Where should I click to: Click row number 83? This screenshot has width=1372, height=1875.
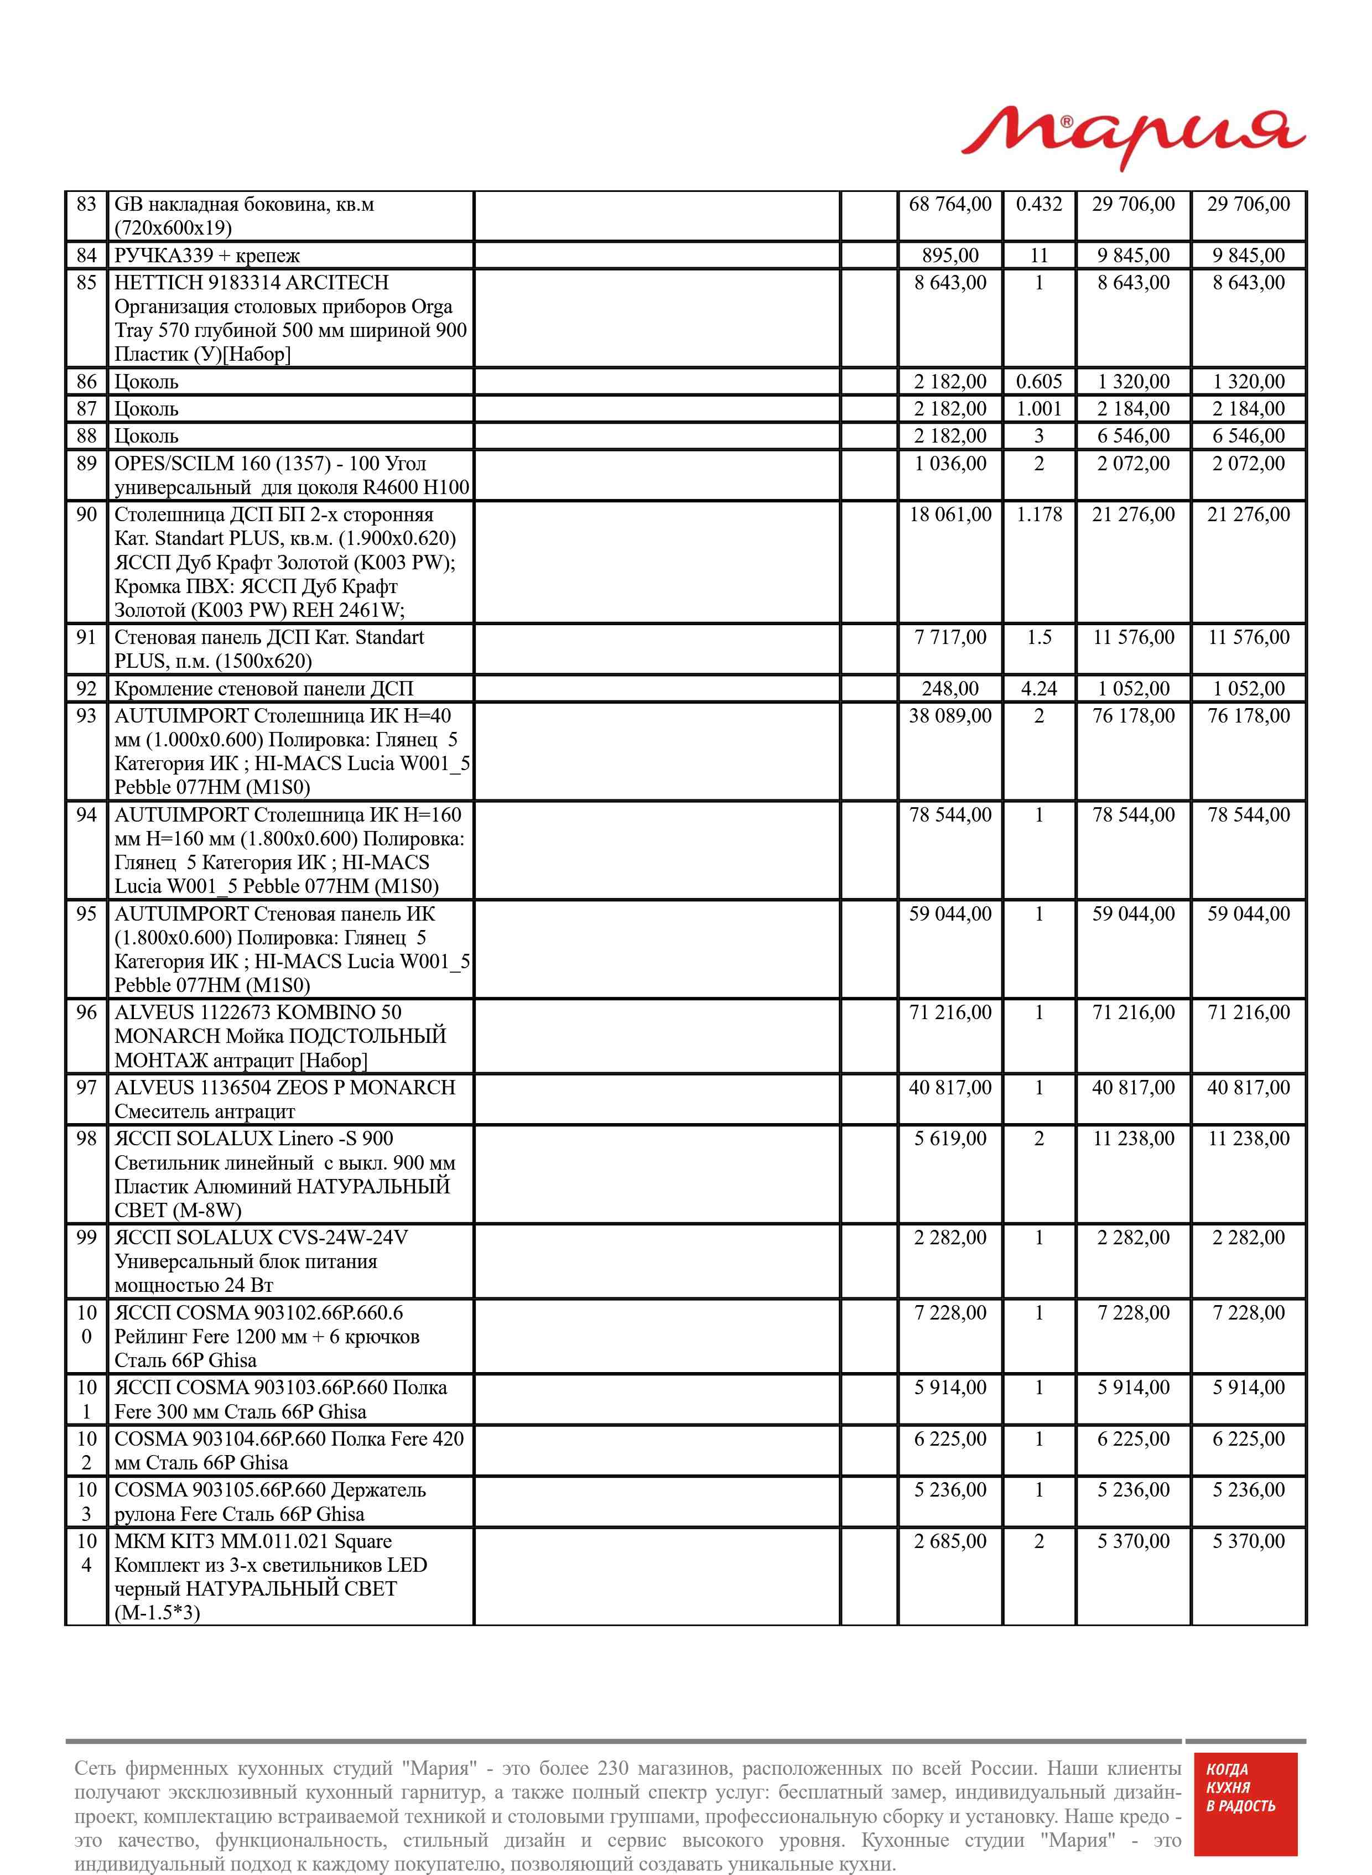[x=86, y=204]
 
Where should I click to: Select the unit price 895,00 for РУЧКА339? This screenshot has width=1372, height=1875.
[x=950, y=256]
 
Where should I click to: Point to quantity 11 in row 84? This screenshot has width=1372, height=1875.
[x=1039, y=256]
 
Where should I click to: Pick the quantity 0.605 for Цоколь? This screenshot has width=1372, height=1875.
[x=1039, y=382]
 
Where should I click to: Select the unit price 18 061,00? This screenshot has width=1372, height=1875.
[x=950, y=515]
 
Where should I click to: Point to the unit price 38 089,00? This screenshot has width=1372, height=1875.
[x=950, y=716]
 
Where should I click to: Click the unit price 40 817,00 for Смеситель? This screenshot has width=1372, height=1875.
[x=950, y=1088]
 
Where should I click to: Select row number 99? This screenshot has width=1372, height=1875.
[x=86, y=1237]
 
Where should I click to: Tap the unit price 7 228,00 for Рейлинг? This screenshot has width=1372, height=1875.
[x=950, y=1313]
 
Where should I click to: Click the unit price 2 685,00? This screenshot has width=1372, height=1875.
[x=950, y=1541]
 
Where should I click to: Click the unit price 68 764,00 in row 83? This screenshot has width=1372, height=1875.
[x=950, y=204]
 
